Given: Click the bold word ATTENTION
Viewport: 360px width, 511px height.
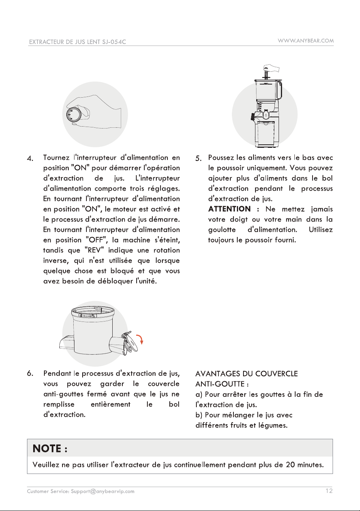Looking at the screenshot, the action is pos(229,209).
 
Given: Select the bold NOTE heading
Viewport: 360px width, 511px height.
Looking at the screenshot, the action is pos(50,448).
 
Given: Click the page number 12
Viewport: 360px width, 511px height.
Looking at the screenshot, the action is pos(329,491).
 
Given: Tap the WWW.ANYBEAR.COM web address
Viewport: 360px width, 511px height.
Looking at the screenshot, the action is pos(306,41).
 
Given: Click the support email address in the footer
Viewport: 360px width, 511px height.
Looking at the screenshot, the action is pos(103,491).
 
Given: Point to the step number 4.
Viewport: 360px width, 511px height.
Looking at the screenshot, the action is pos(30,158).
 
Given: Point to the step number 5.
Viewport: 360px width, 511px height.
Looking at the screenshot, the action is pos(198,158).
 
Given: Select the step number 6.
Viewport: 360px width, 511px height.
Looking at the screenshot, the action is pos(30,374).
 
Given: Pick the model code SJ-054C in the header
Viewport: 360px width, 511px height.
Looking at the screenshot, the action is pos(113,42).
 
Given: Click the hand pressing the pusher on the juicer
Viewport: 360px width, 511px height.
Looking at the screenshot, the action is pos(271,68).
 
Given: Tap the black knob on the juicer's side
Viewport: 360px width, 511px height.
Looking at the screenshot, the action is pos(253,117).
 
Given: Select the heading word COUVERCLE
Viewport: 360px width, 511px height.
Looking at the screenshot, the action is pos(277,374).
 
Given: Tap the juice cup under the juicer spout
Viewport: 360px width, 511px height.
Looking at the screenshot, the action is pos(267,133).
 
